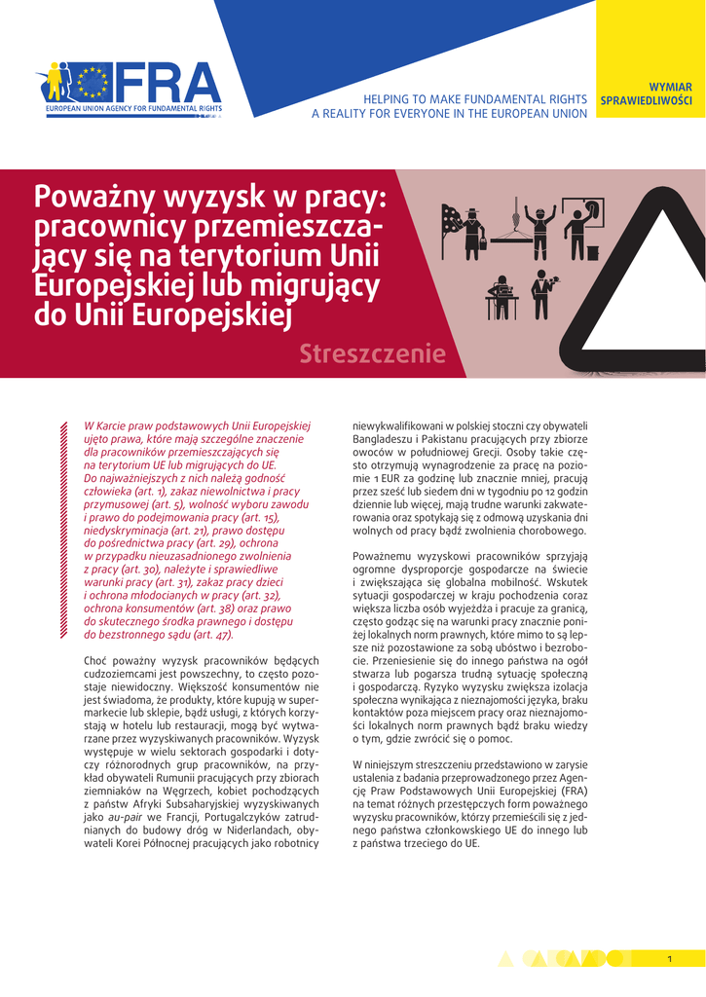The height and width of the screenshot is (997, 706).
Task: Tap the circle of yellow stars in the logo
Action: tap(94, 82)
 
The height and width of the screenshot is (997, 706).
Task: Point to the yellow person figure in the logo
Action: tap(55, 83)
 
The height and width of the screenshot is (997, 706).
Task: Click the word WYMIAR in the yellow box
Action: tap(670, 87)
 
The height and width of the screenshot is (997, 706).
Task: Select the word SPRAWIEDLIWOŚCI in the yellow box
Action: tap(647, 100)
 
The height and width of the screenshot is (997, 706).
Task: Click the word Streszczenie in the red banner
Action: tap(373, 353)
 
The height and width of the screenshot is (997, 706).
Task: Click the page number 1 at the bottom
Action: tap(670, 959)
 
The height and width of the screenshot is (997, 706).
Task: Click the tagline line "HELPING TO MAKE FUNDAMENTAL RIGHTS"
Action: tap(474, 99)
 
